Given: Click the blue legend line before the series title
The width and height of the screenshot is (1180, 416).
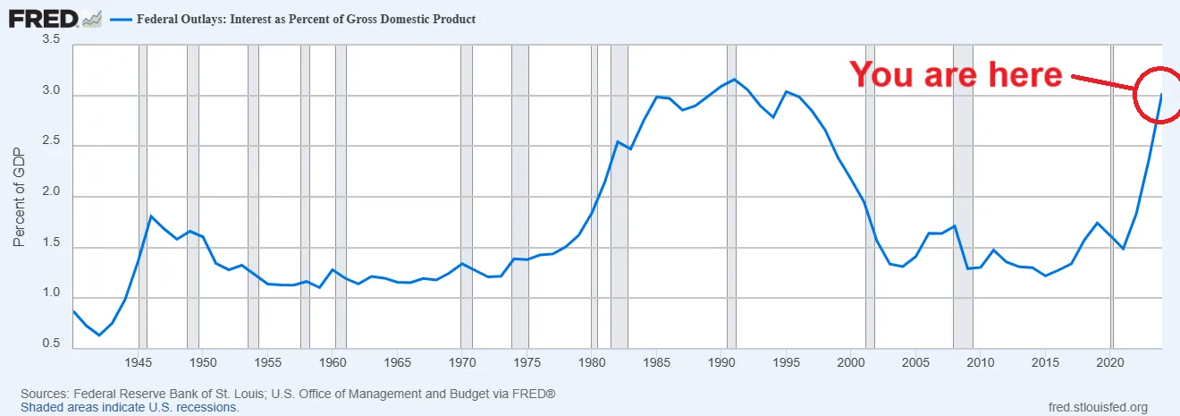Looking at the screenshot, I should point(121,19).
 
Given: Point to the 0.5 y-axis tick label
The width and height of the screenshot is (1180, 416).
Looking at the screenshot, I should point(50,344).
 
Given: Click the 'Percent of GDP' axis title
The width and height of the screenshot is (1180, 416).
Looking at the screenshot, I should point(20,196).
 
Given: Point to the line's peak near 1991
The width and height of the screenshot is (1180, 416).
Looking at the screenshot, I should point(734,80).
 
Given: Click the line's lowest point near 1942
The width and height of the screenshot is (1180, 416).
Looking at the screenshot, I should point(100,335).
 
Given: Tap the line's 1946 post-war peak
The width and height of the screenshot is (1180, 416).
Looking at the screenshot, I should point(151,216).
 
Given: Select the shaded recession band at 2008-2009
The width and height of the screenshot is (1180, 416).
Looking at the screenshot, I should point(963,196).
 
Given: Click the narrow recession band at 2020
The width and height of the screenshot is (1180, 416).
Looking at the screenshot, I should point(1111,196).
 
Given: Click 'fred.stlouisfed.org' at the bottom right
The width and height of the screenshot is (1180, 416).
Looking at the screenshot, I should point(1097,407).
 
